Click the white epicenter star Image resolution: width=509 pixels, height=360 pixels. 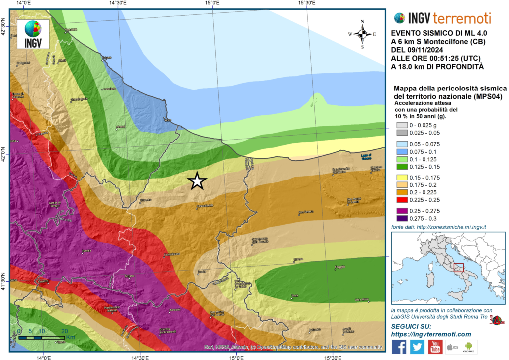(197, 181)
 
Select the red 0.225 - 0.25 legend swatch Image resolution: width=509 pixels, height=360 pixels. (402, 200)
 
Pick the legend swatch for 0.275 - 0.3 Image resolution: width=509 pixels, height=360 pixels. (402, 218)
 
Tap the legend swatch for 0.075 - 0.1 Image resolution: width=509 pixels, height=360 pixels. (402, 151)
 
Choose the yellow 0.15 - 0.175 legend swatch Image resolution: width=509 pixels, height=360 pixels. (402, 177)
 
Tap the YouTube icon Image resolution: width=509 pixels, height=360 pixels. (435, 347)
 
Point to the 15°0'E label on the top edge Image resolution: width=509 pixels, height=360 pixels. (212, 3)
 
